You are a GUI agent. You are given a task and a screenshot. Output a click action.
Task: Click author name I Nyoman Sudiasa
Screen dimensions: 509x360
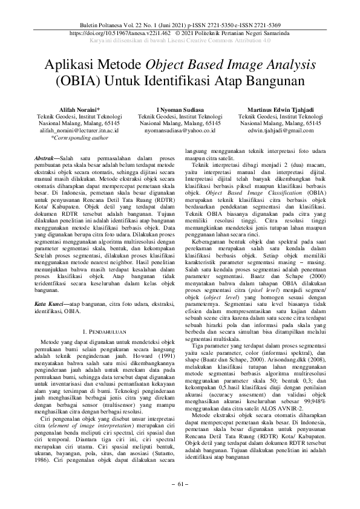(x=180, y=108)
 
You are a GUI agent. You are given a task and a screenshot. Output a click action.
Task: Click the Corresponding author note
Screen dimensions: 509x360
(x=78, y=137)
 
